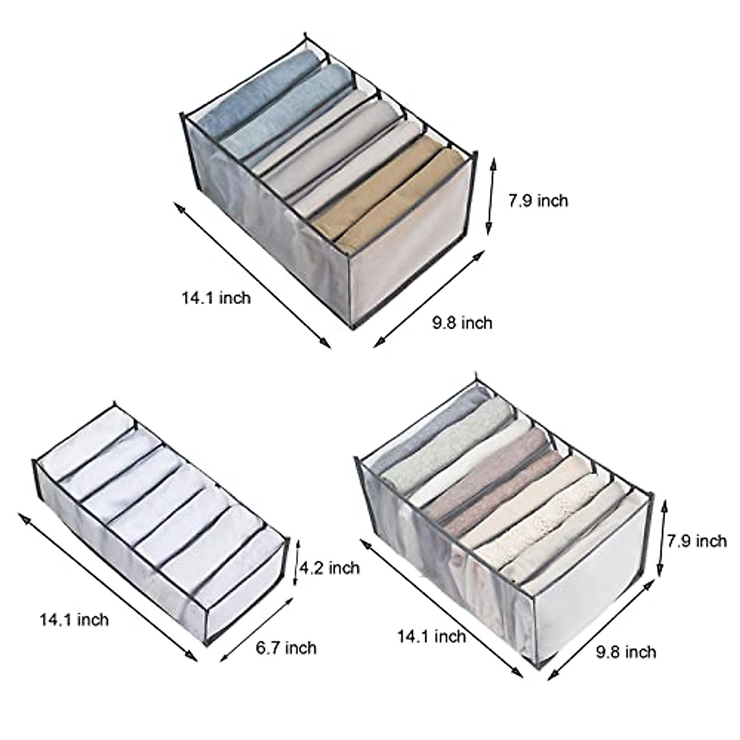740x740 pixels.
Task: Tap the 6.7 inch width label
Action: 286,647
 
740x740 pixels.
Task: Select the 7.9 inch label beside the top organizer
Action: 538,200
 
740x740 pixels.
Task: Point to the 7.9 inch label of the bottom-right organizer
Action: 697,541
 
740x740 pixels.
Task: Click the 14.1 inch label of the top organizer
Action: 216,298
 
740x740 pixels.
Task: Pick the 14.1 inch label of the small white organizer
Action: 74,619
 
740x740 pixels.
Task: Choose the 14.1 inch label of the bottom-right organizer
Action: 432,635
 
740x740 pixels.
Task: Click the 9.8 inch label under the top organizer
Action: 462,322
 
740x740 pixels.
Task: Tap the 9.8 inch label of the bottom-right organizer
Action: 626,652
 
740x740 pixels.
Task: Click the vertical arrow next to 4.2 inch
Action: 296,564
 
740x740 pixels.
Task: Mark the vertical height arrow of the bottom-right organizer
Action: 663,536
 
